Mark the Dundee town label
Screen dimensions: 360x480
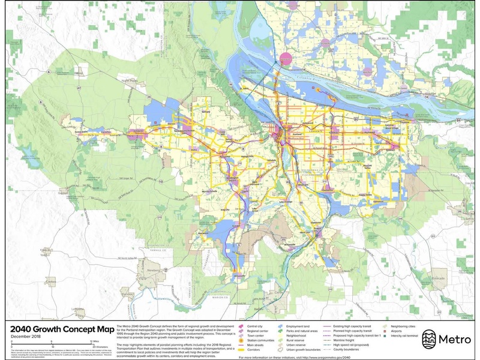click(x=128, y=293)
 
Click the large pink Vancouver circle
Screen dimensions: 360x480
click(x=286, y=59)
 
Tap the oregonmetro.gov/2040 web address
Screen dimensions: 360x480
click(x=331, y=356)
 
